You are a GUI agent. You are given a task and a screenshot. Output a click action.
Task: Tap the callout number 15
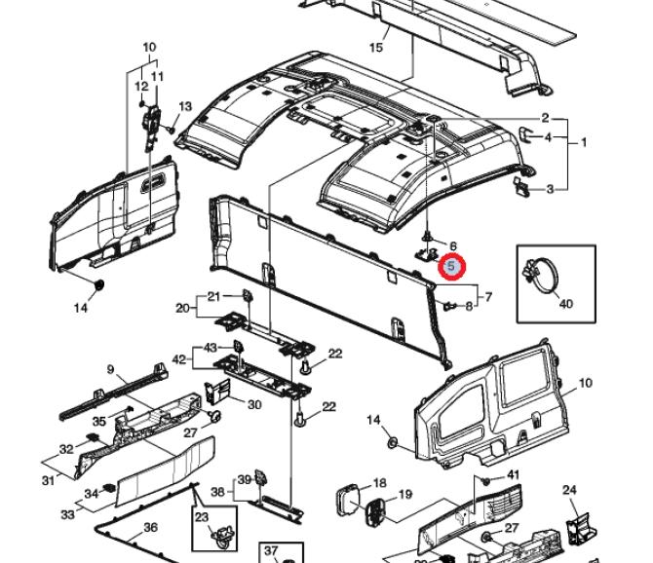coord(375,46)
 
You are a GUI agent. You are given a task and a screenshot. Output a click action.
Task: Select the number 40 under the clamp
coord(565,303)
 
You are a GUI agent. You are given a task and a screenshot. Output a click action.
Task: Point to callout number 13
coord(185,106)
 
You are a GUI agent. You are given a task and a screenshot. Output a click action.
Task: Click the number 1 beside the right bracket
coord(584,142)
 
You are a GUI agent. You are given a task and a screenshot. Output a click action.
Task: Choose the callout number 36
coord(151,527)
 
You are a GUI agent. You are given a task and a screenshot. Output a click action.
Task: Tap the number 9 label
coord(111,369)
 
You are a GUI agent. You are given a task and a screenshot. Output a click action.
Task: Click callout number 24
coord(570,490)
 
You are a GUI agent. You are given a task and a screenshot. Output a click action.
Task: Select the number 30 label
coord(254,405)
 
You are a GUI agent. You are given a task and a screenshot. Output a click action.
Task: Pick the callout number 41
coord(514,474)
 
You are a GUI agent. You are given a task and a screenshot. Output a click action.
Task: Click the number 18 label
coord(379,482)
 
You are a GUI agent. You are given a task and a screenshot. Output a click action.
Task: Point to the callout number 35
coord(98,422)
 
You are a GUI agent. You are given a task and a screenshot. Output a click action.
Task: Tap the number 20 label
coord(181,308)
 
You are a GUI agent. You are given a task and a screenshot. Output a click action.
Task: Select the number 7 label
coord(488,297)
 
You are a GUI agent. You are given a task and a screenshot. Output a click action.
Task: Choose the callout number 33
coord(68,514)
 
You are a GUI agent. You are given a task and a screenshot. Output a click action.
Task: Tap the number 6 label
coord(452,245)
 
